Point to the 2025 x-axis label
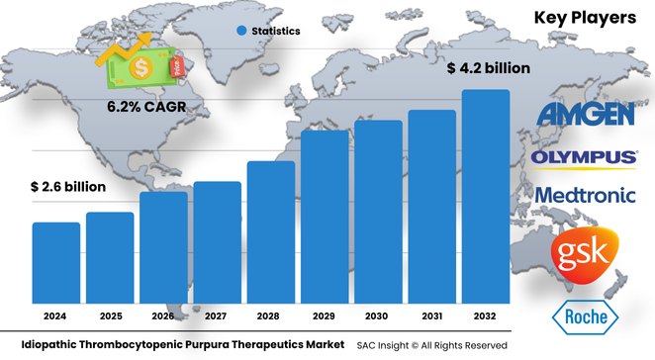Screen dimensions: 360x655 (x=110, y=316)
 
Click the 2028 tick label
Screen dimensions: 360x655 (x=271, y=316)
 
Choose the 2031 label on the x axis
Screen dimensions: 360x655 (x=432, y=316)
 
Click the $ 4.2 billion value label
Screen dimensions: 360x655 (x=489, y=68)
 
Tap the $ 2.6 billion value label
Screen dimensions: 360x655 (x=67, y=186)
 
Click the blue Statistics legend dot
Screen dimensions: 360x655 (x=241, y=32)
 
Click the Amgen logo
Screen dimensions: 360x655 (x=586, y=114)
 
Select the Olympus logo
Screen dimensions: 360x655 (x=584, y=157)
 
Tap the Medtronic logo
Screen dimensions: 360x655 (x=585, y=195)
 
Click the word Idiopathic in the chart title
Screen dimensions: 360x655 (x=40, y=344)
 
